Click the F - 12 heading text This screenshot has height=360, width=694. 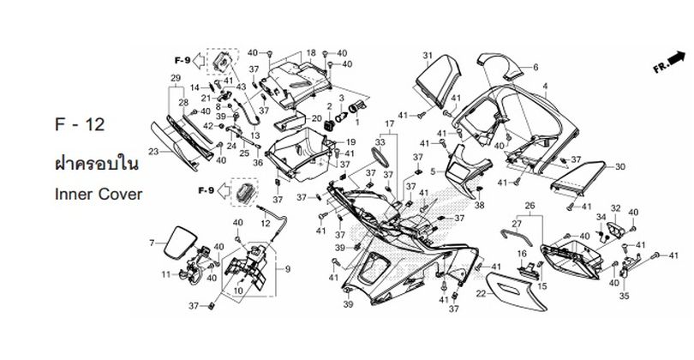[80, 125]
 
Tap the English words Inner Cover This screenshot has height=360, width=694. [99, 194]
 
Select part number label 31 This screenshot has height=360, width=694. [428, 56]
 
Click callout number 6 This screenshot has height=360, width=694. [535, 68]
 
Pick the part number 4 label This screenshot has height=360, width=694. [545, 86]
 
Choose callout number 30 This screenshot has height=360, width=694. [619, 167]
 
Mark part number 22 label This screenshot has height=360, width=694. [481, 293]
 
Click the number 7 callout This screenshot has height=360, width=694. [152, 243]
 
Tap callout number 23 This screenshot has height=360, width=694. [153, 152]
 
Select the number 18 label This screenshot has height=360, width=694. [311, 52]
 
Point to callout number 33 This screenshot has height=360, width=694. [380, 142]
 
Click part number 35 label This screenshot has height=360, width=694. [624, 296]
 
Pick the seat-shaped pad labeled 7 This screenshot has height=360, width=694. [180, 243]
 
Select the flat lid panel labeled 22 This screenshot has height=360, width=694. [516, 291]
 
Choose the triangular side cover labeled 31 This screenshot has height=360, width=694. [438, 81]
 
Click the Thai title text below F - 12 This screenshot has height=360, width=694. [97, 164]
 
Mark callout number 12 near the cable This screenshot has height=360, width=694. [265, 224]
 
